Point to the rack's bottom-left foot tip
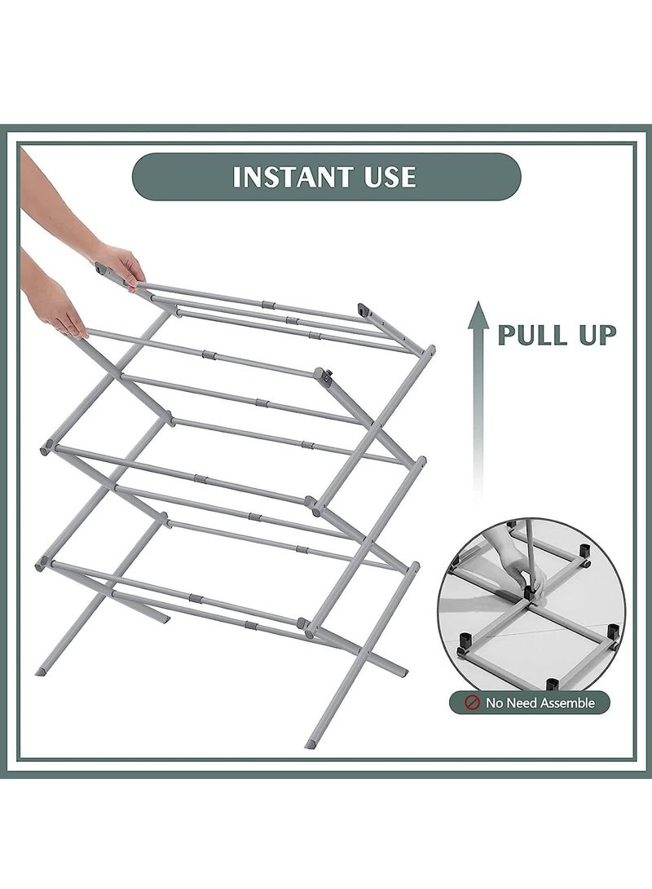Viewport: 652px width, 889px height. tap(40, 671)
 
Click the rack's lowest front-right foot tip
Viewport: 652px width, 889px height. tap(311, 743)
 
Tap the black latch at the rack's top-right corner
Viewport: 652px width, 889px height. tap(363, 310)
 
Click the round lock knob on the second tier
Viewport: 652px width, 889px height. tap(327, 377)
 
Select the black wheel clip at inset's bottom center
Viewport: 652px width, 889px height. tap(552, 683)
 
